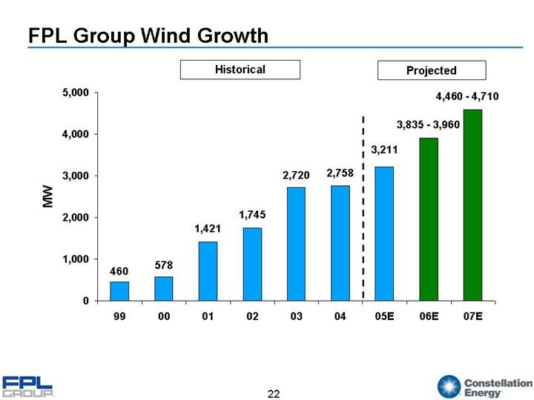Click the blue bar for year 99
119,291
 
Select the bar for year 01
208,271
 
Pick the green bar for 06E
429,219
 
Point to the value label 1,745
252,215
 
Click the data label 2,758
340,173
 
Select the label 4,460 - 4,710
467,96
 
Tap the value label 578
164,264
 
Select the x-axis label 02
252,317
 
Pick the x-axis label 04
340,317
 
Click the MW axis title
47,197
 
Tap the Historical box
240,70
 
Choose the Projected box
431,70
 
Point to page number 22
274,393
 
